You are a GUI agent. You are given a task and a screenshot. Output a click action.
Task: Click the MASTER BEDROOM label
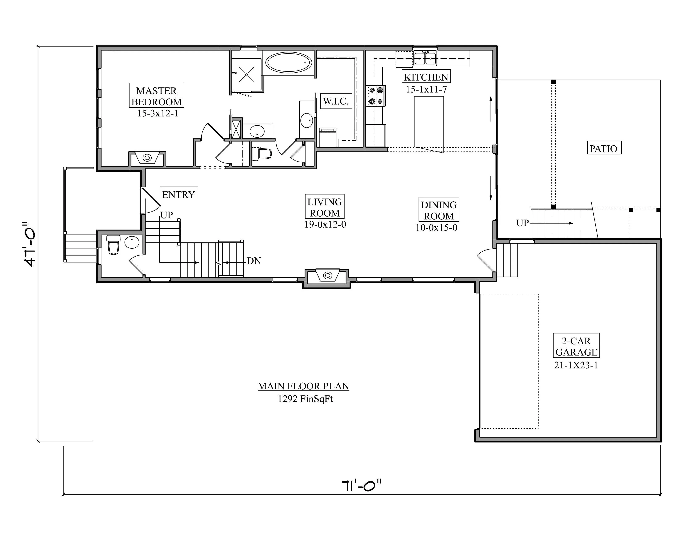coord(156,96)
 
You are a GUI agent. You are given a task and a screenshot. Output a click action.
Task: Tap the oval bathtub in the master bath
coord(289,63)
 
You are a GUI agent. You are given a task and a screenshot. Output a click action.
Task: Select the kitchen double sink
coord(425,58)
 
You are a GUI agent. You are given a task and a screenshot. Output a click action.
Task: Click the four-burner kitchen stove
coord(376,96)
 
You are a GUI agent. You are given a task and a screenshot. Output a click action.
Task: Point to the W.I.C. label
coord(336,101)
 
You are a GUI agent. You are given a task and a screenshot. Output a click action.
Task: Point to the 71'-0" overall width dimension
coord(362,485)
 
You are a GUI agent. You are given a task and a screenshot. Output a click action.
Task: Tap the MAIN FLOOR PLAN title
coord(303,386)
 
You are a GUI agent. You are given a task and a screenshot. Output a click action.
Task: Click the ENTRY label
coord(179,194)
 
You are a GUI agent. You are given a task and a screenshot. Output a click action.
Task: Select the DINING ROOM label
coord(439,210)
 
